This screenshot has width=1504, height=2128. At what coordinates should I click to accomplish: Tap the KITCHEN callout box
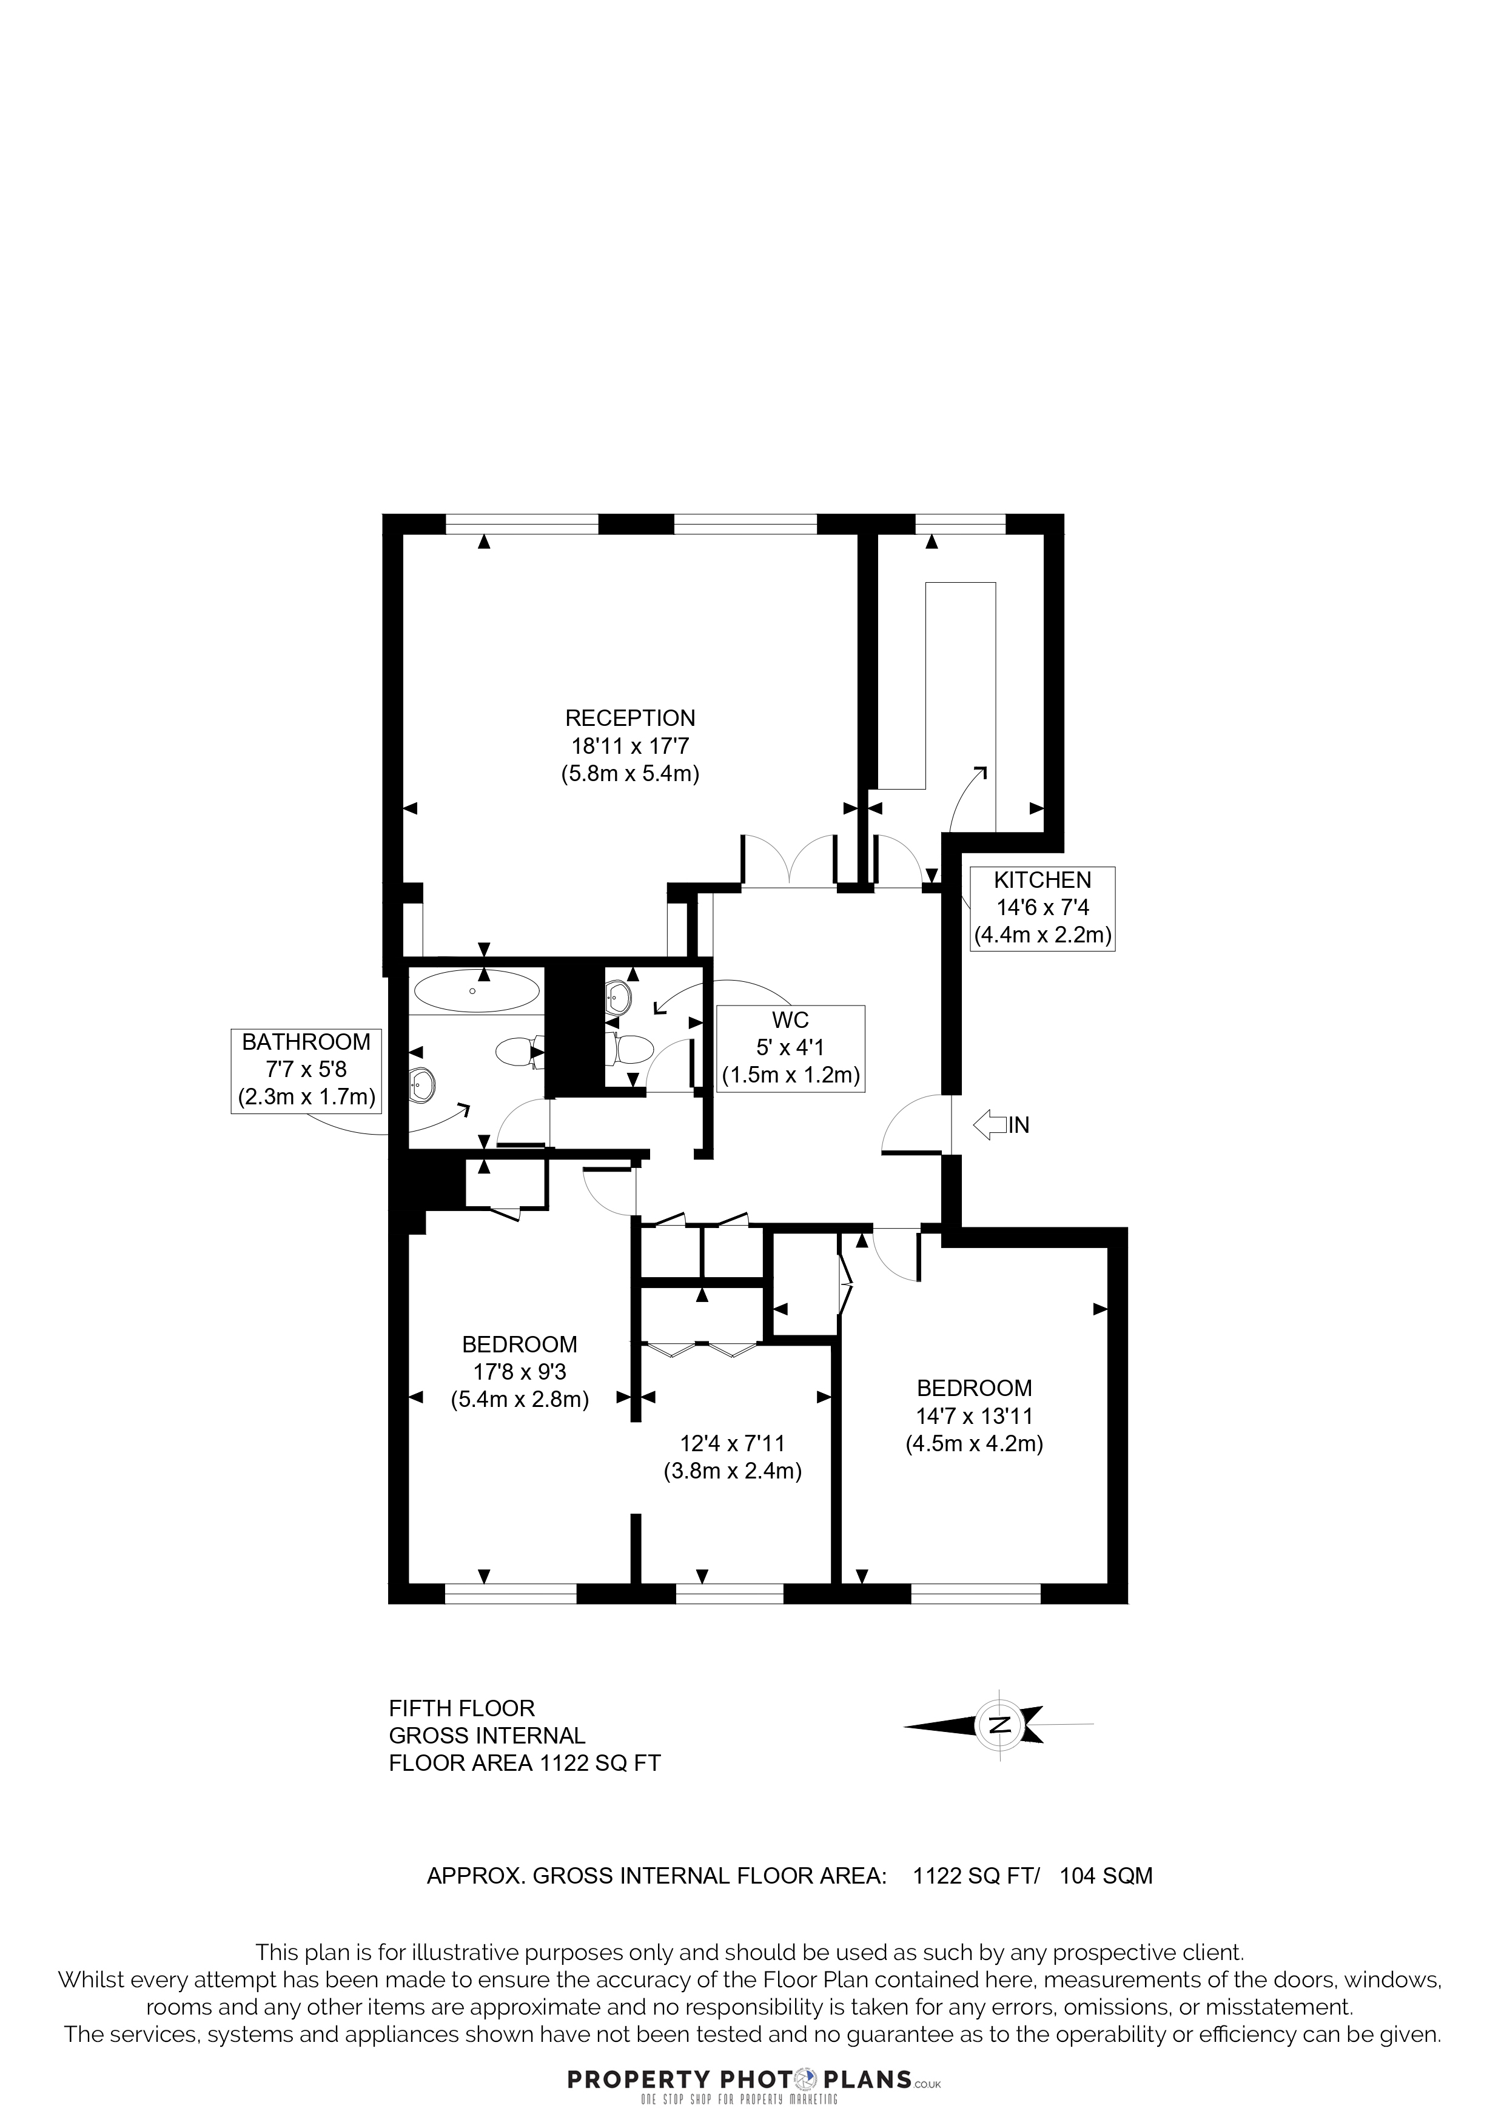click(x=1042, y=908)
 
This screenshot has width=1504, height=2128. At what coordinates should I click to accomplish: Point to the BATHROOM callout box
click(x=306, y=1070)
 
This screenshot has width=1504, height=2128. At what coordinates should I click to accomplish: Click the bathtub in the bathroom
click(x=475, y=992)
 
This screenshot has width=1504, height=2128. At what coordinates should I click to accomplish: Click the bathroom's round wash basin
click(x=423, y=1084)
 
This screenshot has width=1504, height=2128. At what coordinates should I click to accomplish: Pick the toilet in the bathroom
click(x=517, y=1051)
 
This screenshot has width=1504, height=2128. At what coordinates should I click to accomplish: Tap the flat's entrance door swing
click(x=916, y=1124)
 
